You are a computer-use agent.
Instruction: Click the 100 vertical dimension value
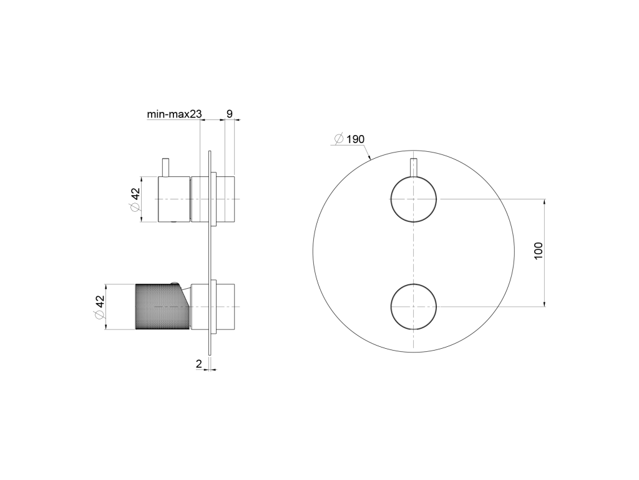coord(539,251)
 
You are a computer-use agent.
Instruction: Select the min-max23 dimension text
coord(175,114)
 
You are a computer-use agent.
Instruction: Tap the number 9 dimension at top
coord(230,114)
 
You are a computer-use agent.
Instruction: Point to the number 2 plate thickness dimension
coord(199,364)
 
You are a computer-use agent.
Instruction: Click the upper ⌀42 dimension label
coord(135,199)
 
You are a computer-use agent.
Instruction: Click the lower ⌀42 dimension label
coord(99,307)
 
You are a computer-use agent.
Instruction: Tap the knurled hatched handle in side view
coord(162,306)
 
